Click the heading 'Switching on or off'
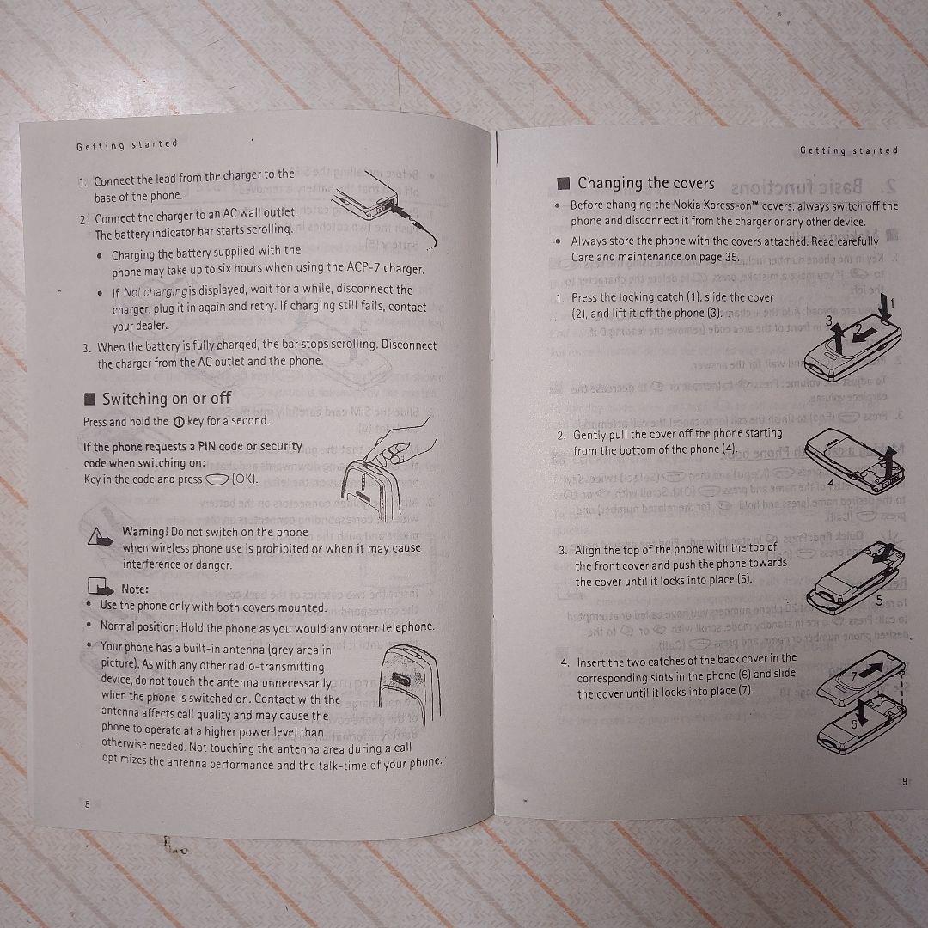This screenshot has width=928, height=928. pos(166,398)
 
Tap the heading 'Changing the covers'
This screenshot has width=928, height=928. pos(645,183)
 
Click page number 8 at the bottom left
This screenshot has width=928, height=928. pos(86,803)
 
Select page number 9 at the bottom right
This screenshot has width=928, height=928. pos(903,781)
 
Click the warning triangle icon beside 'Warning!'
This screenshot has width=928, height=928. pos(100,538)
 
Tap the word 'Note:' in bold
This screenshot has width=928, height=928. pos(136,589)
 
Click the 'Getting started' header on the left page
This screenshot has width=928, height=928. pos(126,144)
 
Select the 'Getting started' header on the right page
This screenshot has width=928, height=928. pos(848,150)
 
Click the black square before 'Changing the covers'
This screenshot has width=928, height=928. pos(564,183)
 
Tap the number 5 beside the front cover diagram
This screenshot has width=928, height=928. pos(878,599)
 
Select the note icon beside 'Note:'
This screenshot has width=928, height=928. pos(101,589)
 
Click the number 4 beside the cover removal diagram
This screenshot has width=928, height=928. pos(830,484)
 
